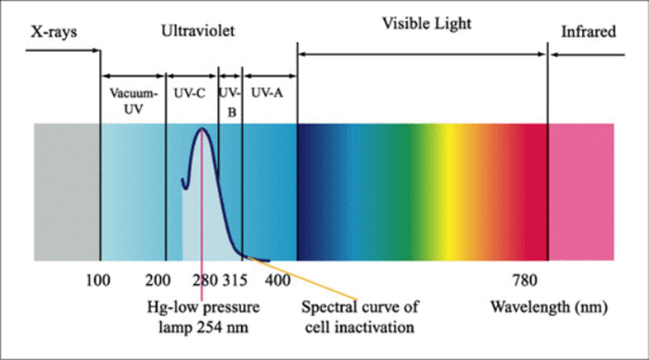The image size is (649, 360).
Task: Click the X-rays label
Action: [x=54, y=32]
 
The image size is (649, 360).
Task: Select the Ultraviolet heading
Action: [x=197, y=31]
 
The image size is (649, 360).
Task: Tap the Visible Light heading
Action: [x=426, y=24]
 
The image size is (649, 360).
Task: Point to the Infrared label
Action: [x=588, y=32]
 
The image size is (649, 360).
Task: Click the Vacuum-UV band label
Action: [x=134, y=101]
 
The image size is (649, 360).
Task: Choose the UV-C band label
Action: [x=189, y=94]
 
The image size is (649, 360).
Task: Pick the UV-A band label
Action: [x=267, y=93]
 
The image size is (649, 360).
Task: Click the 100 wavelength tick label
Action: [x=98, y=280]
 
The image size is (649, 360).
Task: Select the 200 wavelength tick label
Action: [x=158, y=280]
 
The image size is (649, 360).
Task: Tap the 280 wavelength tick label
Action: [x=205, y=280]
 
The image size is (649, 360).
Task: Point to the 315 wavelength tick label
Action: [x=235, y=280]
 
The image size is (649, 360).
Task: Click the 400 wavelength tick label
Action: [x=278, y=280]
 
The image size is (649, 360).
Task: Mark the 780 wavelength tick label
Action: [x=525, y=280]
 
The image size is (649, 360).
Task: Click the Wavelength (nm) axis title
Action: [x=549, y=308]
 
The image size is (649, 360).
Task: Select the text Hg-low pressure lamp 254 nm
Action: [x=203, y=317]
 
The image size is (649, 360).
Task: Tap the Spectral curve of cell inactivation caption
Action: [x=360, y=317]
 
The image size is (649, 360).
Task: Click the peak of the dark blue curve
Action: [x=202, y=128]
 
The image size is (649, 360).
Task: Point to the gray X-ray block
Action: [x=67, y=192]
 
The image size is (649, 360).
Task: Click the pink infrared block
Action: [x=581, y=192]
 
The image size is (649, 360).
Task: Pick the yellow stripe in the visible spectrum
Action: [x=447, y=192]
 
